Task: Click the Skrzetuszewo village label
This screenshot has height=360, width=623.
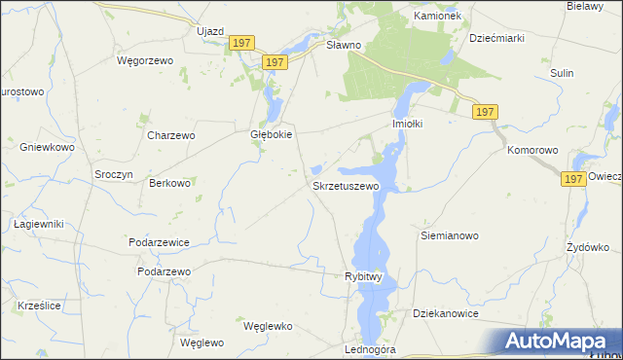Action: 345,185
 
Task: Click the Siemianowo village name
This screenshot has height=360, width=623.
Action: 449,235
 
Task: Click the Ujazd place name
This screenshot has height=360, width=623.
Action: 210,31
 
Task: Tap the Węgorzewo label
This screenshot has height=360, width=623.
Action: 144,60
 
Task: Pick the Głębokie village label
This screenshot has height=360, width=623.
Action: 272,136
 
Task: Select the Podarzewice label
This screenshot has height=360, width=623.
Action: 158,241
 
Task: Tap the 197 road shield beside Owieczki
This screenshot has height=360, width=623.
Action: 573,179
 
